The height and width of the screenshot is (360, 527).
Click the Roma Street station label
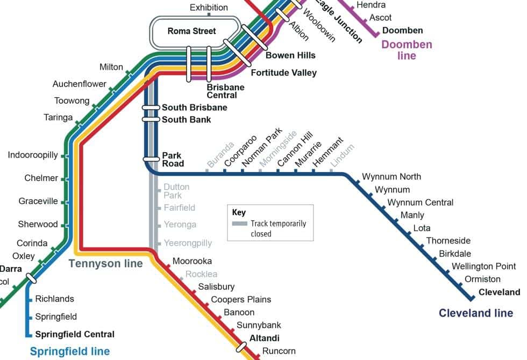191,31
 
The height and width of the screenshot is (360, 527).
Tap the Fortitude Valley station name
283,73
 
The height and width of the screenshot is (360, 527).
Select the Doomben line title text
407,50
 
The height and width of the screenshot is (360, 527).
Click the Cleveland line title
476,313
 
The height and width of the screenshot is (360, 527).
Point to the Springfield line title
70,352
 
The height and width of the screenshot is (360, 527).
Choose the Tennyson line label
106,263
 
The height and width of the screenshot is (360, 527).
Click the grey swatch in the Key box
240,224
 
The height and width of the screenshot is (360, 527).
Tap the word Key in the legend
239,212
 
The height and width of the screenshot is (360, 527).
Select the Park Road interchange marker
151,160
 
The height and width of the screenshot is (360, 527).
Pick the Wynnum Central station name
420,203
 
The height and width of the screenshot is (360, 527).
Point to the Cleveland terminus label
500,292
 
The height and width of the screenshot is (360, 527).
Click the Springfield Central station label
75,334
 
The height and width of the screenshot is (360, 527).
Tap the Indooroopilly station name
33,155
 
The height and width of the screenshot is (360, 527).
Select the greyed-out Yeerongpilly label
188,243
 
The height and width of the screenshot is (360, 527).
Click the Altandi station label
265,339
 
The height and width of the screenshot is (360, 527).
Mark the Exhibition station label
209,8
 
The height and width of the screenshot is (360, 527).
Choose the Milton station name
111,67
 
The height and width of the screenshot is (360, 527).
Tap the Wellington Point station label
483,267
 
